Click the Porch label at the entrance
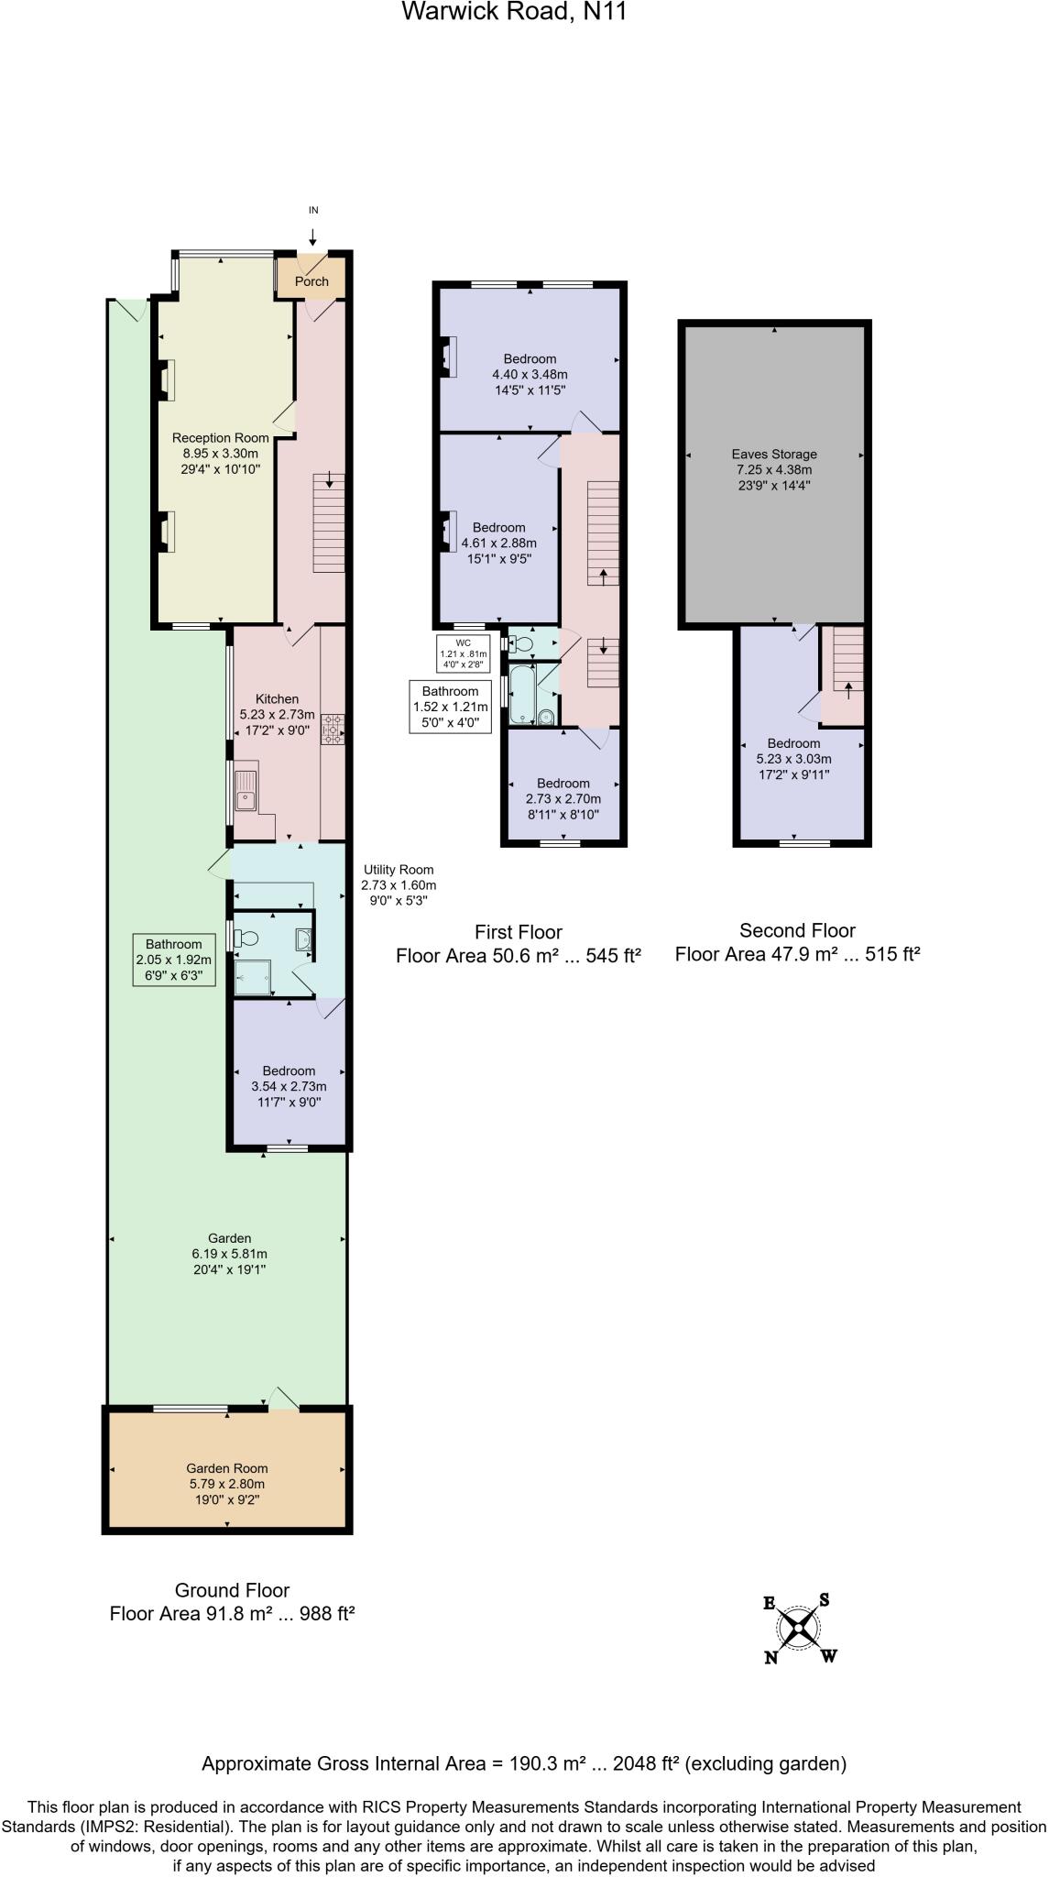(311, 281)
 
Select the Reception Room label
(221, 438)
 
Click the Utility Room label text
(399, 870)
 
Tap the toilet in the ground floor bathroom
(247, 938)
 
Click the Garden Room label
(227, 1468)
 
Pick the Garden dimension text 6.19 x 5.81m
(229, 1254)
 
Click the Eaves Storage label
(774, 454)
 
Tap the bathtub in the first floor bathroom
(522, 694)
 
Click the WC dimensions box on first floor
(464, 653)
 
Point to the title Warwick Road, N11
(515, 12)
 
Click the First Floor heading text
(518, 932)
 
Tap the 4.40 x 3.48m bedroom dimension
(530, 374)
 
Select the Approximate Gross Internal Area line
(524, 1763)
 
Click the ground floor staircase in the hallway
(329, 522)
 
